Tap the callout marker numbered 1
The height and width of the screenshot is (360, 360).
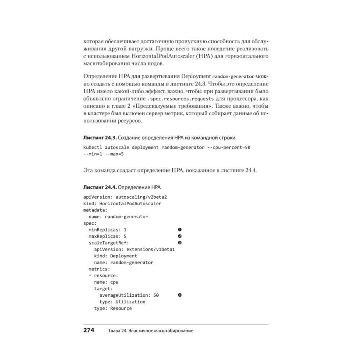click(180, 230)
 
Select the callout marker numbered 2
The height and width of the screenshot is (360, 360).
click(180, 236)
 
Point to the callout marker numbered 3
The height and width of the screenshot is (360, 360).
click(180, 243)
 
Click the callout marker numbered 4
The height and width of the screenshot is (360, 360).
click(180, 295)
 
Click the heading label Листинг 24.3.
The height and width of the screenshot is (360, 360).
click(100, 138)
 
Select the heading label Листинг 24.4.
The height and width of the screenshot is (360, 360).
click(100, 188)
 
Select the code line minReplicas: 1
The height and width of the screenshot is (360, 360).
click(108, 230)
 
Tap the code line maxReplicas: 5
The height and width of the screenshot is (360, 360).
click(108, 236)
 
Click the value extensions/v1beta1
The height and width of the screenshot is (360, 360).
click(150, 249)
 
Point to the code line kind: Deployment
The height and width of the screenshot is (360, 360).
click(116, 256)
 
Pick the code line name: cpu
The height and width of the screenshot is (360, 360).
click(106, 282)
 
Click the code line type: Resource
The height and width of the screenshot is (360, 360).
click(113, 309)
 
